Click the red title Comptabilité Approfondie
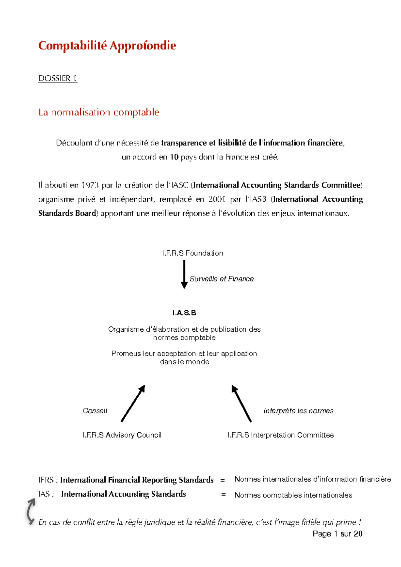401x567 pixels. (107, 45)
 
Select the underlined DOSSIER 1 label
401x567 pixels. (57, 78)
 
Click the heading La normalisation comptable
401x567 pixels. (99, 112)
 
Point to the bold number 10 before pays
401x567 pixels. (174, 157)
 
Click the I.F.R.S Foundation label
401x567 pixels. (192, 253)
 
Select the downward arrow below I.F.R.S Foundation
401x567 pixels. (184, 274)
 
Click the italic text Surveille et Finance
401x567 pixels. (222, 279)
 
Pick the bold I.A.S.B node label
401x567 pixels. (184, 313)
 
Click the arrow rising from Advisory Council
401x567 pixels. (133, 403)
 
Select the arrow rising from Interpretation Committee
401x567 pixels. (241, 403)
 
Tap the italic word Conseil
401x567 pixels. (95, 411)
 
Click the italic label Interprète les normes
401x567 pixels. (298, 411)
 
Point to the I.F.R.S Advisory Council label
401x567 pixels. (122, 435)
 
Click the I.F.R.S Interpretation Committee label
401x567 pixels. (281, 435)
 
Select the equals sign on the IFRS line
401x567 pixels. (223, 480)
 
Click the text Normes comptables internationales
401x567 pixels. (293, 495)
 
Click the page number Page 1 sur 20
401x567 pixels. (337, 534)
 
